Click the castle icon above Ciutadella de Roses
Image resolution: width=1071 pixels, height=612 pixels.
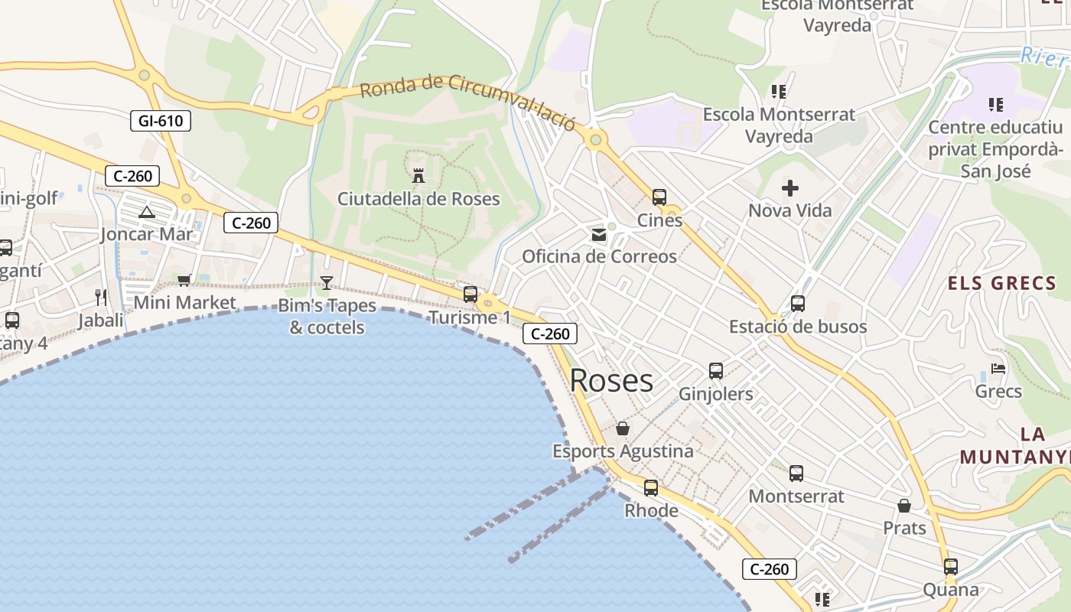tap(418, 175)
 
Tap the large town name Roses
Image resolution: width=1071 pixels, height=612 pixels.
tap(611, 380)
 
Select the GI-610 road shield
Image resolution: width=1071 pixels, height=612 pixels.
tap(161, 120)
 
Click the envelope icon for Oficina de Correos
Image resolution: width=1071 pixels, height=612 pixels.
tap(599, 234)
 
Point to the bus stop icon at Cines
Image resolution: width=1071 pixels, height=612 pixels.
tap(659, 197)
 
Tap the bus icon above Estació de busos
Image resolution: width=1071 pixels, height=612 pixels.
tap(798, 304)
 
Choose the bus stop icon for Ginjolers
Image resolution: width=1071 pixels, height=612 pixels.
tap(716, 371)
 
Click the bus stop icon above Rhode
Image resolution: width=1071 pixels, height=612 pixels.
tap(651, 487)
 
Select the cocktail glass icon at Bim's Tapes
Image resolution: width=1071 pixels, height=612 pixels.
tap(327, 283)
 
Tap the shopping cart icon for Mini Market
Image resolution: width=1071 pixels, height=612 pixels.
tap(184, 281)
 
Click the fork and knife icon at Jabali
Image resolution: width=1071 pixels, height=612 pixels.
tap(101, 297)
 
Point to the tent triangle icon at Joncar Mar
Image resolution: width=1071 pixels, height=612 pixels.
tap(147, 211)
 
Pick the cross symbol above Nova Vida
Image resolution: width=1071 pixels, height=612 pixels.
tap(790, 187)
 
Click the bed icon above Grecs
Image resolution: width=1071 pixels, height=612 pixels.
tap(998, 369)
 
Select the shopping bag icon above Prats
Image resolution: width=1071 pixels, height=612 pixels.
tap(904, 506)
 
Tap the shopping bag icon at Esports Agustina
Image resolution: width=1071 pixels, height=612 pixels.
tap(623, 428)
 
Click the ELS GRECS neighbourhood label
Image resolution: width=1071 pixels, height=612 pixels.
tap(1001, 284)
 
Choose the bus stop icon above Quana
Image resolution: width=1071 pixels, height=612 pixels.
tap(951, 567)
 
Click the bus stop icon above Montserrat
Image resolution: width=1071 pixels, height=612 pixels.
tap(796, 474)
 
